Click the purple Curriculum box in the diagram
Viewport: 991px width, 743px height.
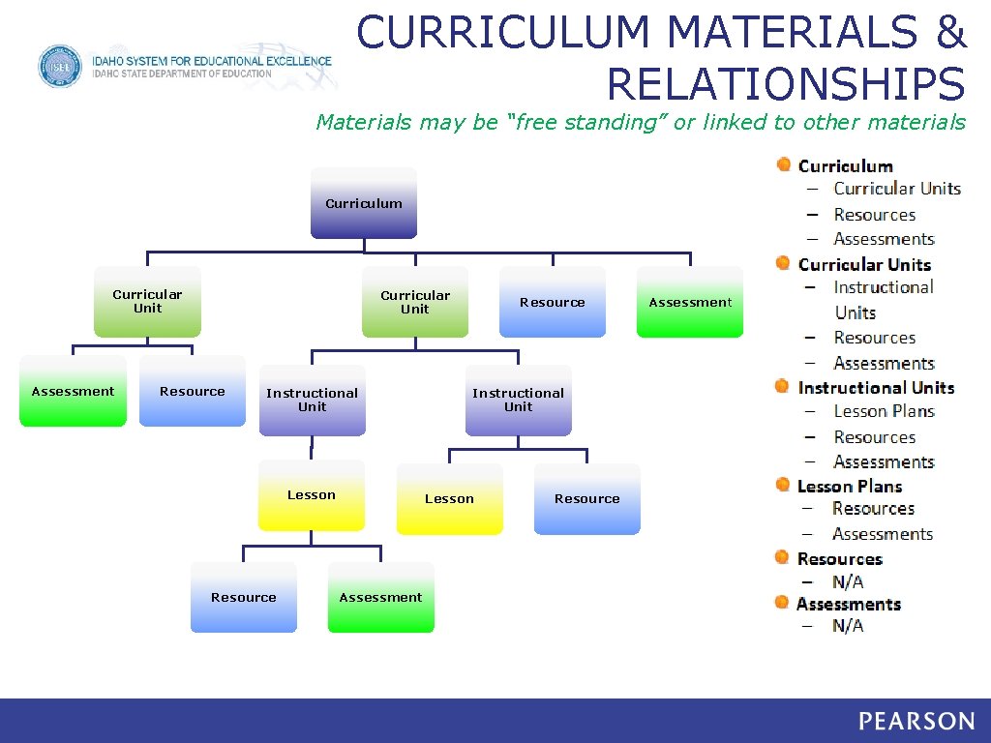[x=364, y=203]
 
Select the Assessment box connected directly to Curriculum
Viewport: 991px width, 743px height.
[x=690, y=302]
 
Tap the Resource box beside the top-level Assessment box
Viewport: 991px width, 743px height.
[x=553, y=302]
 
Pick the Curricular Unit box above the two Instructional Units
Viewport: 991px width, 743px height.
[x=415, y=302]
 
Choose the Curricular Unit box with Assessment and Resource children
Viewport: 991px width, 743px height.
[x=147, y=301]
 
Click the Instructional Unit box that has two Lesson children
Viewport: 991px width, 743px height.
[x=518, y=400]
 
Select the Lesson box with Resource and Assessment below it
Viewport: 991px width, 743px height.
[x=312, y=495]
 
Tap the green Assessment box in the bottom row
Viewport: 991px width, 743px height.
[x=380, y=597]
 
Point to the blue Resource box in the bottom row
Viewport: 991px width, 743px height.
[x=244, y=597]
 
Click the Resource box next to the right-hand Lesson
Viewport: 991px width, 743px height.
[x=586, y=498]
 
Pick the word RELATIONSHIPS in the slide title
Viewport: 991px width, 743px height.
[x=786, y=83]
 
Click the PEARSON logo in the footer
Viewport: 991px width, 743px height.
[x=916, y=721]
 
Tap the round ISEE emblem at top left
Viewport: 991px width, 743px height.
[x=60, y=67]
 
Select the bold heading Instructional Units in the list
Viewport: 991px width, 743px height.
[x=876, y=387]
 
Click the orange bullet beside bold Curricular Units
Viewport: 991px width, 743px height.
[x=783, y=263]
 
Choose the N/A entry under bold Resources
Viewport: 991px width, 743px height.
[x=848, y=581]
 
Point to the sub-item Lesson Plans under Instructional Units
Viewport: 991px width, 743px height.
[x=884, y=411]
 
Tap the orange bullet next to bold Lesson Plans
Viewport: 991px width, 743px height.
[x=782, y=485]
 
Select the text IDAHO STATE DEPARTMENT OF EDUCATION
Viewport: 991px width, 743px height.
[x=182, y=74]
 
